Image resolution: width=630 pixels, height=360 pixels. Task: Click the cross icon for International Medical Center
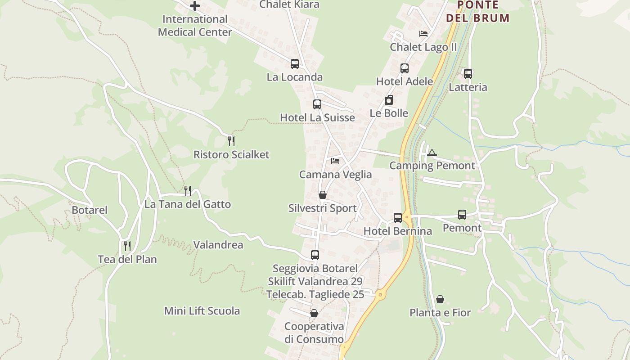click(195, 6)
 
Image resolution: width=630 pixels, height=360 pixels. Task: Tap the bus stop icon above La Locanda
click(295, 64)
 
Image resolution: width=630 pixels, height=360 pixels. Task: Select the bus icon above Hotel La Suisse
click(317, 104)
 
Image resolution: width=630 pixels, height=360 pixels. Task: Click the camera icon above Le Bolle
click(389, 100)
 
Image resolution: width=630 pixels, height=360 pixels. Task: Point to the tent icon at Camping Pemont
click(432, 153)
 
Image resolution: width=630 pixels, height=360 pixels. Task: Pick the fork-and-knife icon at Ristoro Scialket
click(231, 141)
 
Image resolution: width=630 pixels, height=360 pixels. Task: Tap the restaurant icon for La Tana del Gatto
click(188, 191)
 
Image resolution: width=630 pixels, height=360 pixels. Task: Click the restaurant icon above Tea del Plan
click(127, 246)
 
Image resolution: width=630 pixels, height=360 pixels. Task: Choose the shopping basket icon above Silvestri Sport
click(323, 195)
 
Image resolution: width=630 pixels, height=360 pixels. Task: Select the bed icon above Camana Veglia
click(335, 161)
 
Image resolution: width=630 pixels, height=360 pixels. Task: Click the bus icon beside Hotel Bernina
click(398, 218)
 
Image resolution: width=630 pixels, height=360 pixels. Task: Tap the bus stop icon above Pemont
click(462, 215)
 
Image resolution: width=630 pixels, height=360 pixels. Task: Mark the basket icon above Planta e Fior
click(440, 299)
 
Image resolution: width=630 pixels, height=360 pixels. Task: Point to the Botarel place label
click(90, 210)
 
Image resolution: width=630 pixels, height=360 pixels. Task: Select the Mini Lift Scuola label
click(202, 311)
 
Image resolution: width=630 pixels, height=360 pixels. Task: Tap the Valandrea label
click(218, 245)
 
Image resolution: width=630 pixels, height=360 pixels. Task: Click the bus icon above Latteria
click(468, 74)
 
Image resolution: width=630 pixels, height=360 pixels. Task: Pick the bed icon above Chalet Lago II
click(423, 34)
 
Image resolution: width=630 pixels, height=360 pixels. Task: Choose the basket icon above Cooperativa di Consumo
click(314, 313)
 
